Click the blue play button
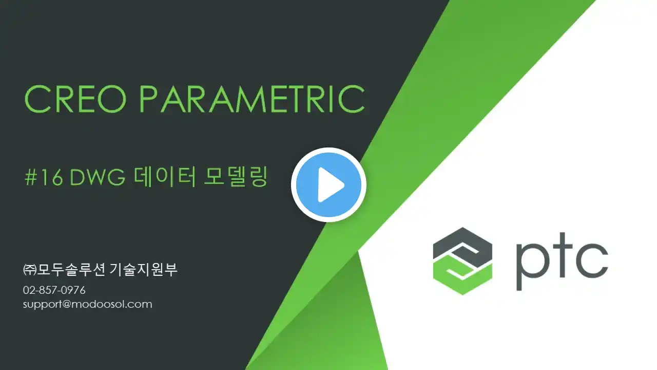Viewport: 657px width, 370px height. click(328, 184)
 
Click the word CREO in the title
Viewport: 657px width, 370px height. click(75, 99)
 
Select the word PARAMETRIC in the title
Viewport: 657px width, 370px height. click(252, 99)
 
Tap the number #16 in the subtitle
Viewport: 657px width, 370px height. click(44, 177)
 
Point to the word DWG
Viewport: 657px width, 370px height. click(98, 177)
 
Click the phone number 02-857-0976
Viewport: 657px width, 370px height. click(54, 290)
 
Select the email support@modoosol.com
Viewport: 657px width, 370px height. click(88, 304)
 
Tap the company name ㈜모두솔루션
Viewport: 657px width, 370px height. click(64, 269)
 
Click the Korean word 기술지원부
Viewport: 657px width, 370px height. click(143, 269)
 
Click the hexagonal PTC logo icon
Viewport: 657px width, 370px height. click(462, 261)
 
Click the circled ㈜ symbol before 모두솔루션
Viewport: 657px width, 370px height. click(30, 270)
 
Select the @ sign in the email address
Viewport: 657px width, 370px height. click(67, 304)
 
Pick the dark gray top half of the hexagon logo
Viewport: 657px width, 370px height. click(462, 244)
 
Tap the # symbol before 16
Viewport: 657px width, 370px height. click(30, 178)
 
